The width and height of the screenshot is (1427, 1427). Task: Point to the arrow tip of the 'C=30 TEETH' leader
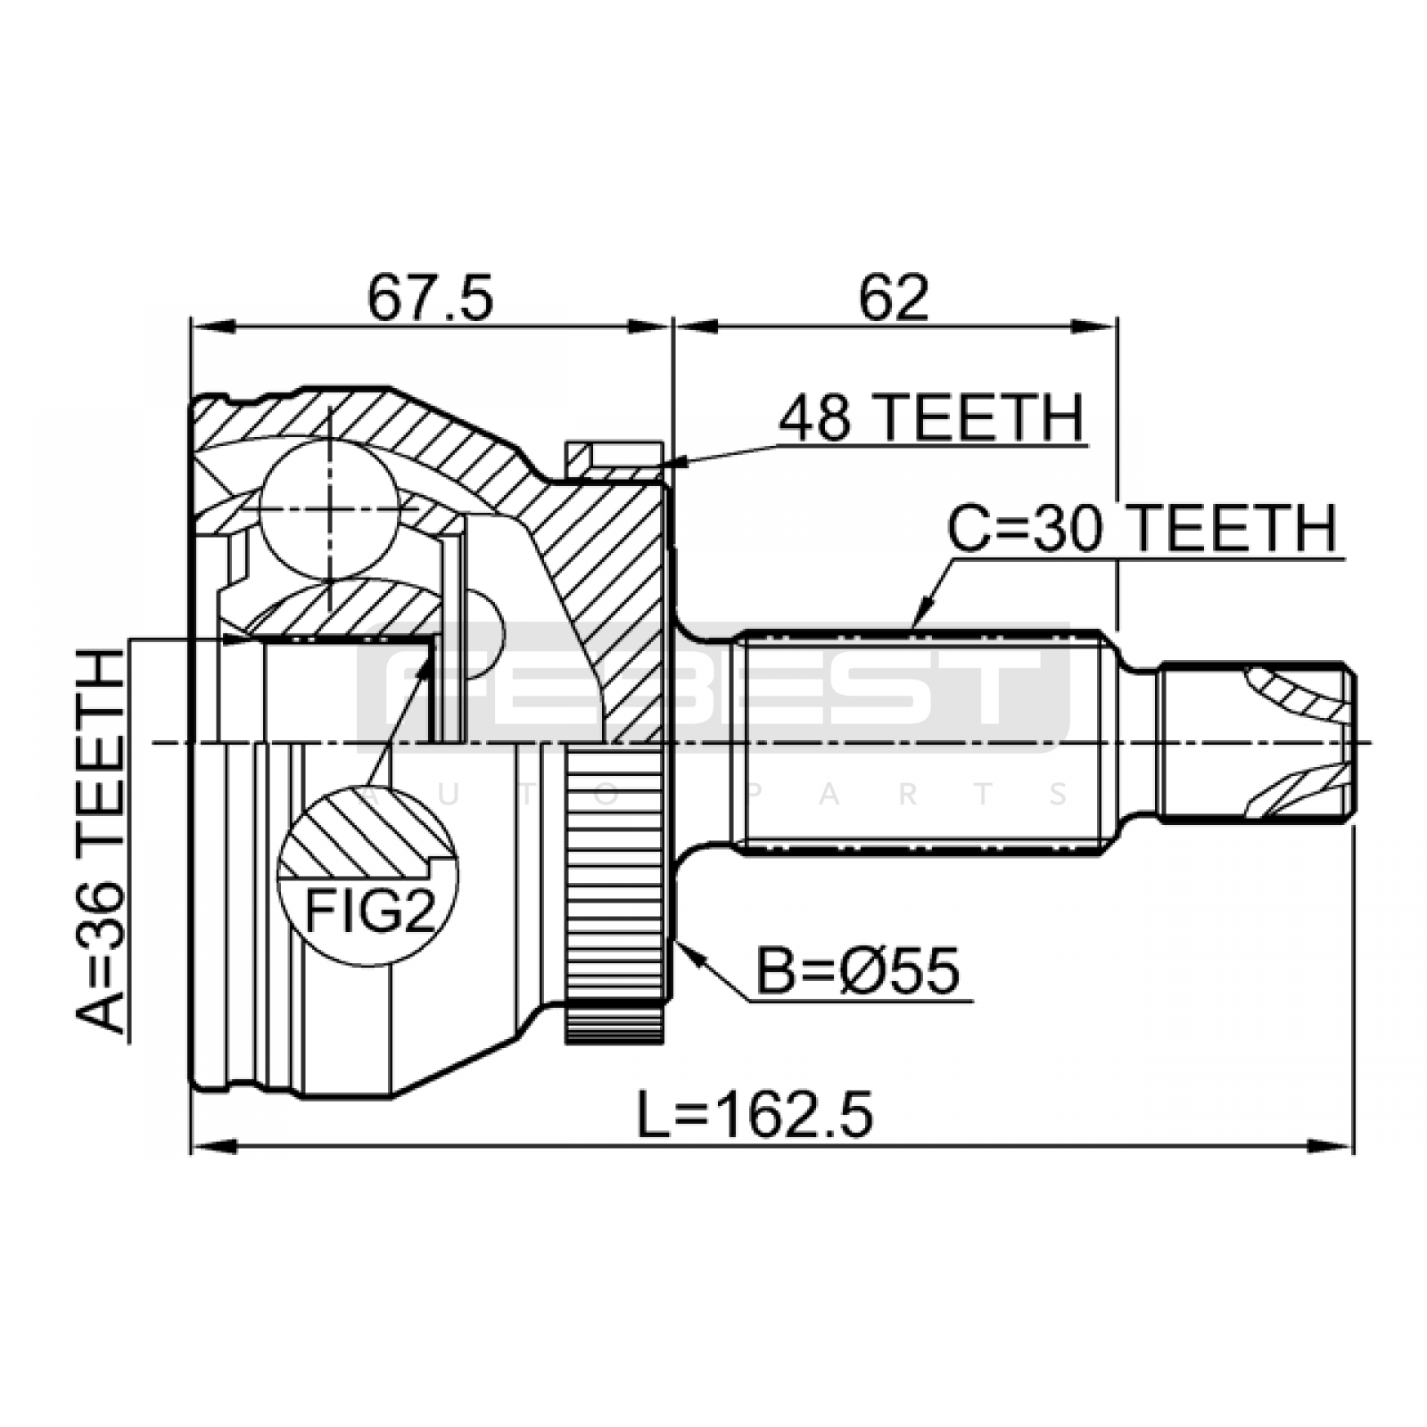(x=913, y=630)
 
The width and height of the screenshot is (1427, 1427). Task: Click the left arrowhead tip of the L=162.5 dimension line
(x=193, y=1146)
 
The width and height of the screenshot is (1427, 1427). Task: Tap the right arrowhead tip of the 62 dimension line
(x=1116, y=326)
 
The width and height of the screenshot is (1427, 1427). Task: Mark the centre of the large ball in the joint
(x=329, y=509)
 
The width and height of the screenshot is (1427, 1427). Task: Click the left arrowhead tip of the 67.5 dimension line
(x=193, y=326)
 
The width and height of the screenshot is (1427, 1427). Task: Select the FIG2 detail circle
(x=367, y=875)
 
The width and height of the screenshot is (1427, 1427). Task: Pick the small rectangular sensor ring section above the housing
(x=615, y=462)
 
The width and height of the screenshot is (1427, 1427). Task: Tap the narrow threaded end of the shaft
(x=1258, y=741)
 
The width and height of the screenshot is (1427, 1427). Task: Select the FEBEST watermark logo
(x=713, y=687)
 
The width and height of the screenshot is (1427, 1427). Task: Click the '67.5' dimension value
(x=430, y=298)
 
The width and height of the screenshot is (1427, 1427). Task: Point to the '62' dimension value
(x=894, y=298)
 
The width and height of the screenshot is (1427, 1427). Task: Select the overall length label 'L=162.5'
(x=755, y=1116)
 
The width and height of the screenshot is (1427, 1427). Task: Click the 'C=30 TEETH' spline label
(x=1142, y=528)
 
